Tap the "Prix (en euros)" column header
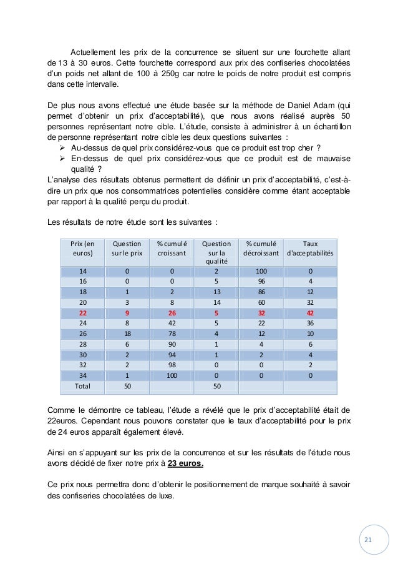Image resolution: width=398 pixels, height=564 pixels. (83, 249)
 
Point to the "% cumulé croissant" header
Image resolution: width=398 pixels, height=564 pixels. (170, 249)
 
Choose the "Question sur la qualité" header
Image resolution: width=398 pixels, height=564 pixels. (215, 253)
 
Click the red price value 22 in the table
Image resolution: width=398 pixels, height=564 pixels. (83, 313)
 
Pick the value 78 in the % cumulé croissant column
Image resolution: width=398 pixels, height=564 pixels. (170, 334)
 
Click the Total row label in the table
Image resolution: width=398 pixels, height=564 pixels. (83, 386)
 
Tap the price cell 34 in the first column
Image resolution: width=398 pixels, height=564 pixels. (83, 375)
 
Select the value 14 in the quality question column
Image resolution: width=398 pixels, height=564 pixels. (215, 303)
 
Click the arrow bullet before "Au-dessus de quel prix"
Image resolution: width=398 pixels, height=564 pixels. (62, 147)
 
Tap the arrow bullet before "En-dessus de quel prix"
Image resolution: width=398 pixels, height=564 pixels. (62, 159)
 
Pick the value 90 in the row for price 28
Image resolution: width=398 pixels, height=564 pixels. (170, 344)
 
